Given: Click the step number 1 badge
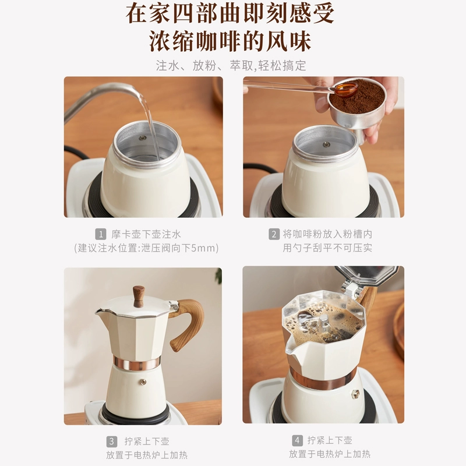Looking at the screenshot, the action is [x=101, y=234].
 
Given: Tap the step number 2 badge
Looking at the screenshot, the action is [x=274, y=234].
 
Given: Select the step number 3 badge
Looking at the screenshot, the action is [x=112, y=442].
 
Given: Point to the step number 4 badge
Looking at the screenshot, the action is [x=298, y=440].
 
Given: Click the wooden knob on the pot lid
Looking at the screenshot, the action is [x=139, y=296].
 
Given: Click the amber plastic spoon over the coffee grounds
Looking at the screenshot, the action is [x=346, y=88].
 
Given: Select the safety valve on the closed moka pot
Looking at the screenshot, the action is [x=144, y=382].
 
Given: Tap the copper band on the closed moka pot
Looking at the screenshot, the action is [x=137, y=362].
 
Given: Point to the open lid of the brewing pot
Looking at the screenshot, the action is [x=367, y=277].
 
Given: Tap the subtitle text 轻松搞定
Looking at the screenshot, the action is [x=282, y=66].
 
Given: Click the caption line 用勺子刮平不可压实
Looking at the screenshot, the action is [x=327, y=248].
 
